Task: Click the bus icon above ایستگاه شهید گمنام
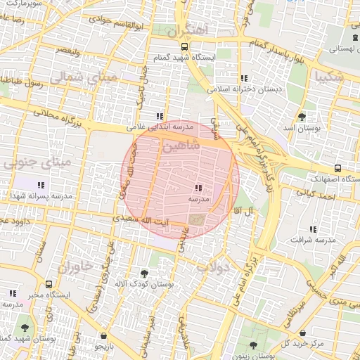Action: [x=184, y=47]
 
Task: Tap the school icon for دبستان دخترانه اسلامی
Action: [x=244, y=78]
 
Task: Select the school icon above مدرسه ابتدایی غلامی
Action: [x=160, y=117]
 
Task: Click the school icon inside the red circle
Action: [x=198, y=188]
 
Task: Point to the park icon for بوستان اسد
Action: [x=302, y=117]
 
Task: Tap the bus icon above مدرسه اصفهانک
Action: [x=338, y=168]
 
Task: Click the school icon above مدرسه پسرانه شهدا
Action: [x=41, y=185]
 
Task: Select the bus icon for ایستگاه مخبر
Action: [x=49, y=284]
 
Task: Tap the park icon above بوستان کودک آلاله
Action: [x=144, y=273]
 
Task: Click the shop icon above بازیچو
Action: [x=104, y=335]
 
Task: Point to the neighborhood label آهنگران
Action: [x=189, y=32]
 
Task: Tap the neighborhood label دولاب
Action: [x=213, y=268]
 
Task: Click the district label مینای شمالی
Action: [x=74, y=82]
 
